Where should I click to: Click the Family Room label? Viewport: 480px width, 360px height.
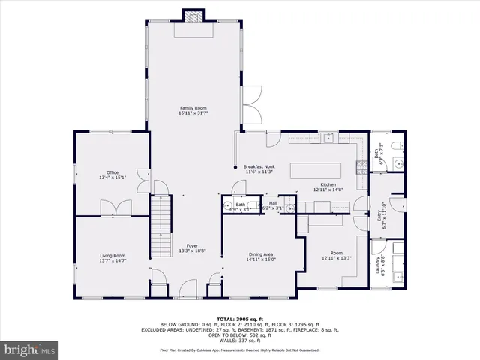pyautogui.click(x=193, y=108)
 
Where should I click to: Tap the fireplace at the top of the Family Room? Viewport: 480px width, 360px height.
pyautogui.click(x=194, y=16)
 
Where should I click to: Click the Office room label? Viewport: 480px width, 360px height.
pyautogui.click(x=112, y=172)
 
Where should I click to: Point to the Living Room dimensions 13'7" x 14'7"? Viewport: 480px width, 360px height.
pyautogui.click(x=112, y=261)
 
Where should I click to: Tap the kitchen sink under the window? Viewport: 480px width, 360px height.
pyautogui.click(x=329, y=138)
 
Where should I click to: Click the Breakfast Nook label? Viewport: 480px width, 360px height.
pyautogui.click(x=258, y=166)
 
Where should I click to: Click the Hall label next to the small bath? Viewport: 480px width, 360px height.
pyautogui.click(x=274, y=202)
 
